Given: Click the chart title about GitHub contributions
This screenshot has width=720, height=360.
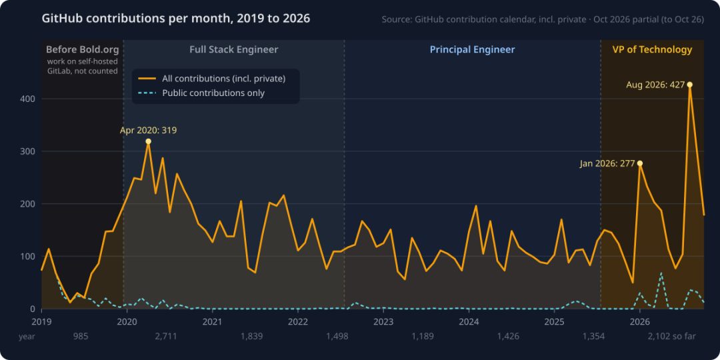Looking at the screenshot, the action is [x=176, y=19].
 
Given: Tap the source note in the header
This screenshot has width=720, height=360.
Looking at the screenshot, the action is [x=543, y=20].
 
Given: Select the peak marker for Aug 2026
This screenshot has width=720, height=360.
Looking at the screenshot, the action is [x=690, y=85].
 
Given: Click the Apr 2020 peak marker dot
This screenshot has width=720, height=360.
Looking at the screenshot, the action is [x=148, y=141].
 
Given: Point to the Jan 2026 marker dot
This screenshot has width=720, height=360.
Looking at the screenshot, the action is [x=640, y=163].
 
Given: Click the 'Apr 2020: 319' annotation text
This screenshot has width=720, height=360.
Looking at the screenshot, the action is [x=148, y=131].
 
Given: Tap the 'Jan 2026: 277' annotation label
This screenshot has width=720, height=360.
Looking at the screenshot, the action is [x=607, y=163].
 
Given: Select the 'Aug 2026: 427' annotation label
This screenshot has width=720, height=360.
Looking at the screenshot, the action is [x=655, y=85].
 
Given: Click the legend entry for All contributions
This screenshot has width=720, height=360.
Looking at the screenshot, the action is [x=213, y=79].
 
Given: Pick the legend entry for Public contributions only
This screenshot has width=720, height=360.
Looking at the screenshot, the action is [x=201, y=93].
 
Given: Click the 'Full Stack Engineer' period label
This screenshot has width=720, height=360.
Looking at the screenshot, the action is [x=234, y=49].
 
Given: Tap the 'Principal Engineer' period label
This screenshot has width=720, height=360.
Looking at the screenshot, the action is [x=473, y=49].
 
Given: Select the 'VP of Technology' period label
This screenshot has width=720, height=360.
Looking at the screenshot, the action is [x=652, y=49].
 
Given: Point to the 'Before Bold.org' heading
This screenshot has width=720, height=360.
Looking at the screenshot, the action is [x=83, y=49].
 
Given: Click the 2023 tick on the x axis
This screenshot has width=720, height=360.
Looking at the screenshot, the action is [x=383, y=321].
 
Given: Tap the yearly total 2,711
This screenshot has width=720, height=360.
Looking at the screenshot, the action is [x=166, y=337].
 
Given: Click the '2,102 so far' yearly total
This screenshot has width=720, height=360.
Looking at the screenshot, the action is [x=672, y=337].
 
